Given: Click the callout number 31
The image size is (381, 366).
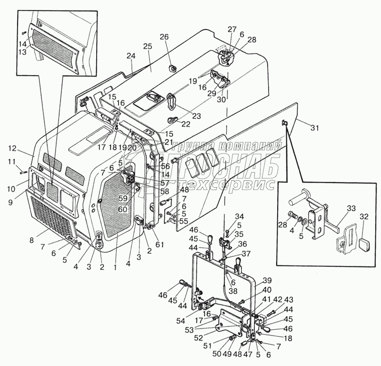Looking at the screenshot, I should [315, 127].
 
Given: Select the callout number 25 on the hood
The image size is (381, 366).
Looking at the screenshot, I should [147, 46].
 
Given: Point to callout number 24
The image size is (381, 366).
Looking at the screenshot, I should [131, 56].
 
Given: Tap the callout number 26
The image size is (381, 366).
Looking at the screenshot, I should [164, 37].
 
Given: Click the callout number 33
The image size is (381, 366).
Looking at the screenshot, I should [351, 208].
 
